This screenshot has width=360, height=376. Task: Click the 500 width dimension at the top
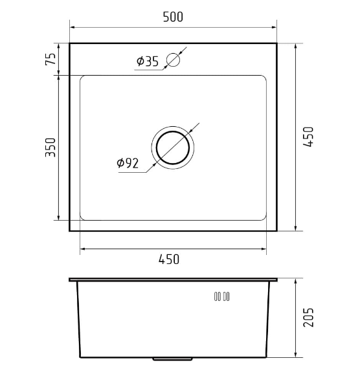(x=173, y=17)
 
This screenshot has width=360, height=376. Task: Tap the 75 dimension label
(x=51, y=59)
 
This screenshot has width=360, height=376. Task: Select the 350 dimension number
(x=51, y=148)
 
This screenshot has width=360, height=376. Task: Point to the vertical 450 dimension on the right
(x=308, y=137)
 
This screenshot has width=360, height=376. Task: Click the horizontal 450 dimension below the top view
(x=169, y=260)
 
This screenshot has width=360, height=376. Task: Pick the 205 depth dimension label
(x=308, y=317)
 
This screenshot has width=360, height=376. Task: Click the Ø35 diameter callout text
(x=148, y=61)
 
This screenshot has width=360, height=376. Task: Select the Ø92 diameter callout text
(x=128, y=163)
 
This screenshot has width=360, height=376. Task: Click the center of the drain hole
(x=173, y=148)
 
